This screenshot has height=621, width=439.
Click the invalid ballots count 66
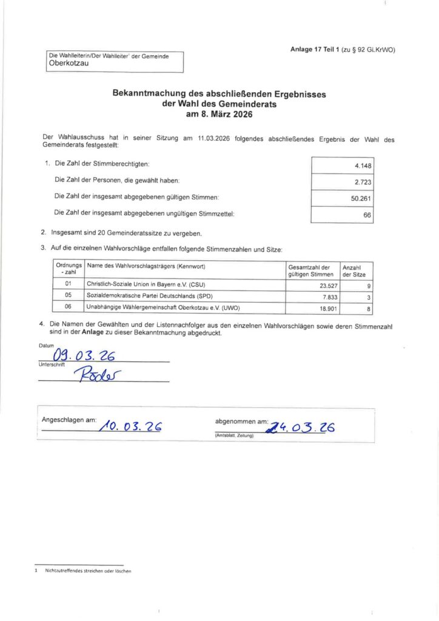click(x=366, y=215)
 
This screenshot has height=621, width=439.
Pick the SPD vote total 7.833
click(x=321, y=297)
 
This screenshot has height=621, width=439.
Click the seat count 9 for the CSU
click(x=368, y=285)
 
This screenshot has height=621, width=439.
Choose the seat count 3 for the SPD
click(x=368, y=297)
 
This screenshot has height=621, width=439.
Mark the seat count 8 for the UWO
click(x=368, y=307)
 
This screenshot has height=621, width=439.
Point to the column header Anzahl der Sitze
click(x=354, y=270)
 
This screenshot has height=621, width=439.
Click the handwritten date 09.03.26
click(x=84, y=355)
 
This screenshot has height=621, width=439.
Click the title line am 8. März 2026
click(x=219, y=114)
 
